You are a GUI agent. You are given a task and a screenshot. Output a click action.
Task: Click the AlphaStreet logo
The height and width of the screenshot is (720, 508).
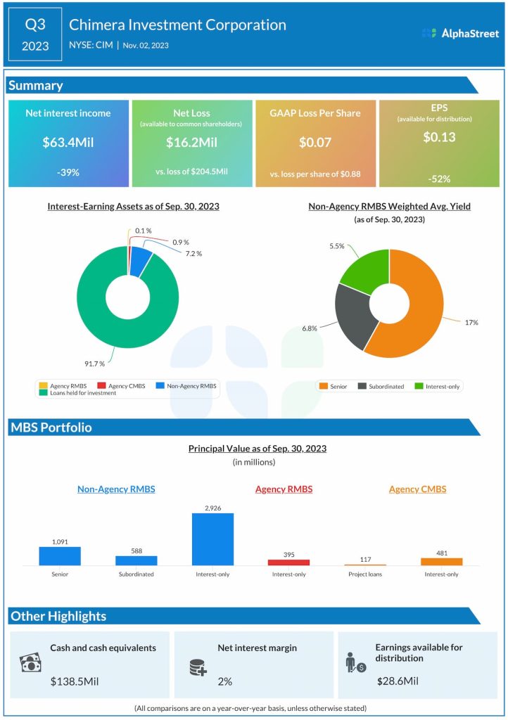460,33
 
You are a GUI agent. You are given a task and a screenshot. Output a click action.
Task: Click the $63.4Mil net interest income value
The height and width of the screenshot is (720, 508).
68,143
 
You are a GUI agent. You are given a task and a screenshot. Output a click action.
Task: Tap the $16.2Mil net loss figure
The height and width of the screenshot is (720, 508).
191,143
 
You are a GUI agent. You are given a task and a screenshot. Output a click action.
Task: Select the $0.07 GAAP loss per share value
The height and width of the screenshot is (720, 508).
315,143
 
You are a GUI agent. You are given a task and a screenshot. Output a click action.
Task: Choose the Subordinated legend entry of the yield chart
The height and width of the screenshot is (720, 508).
380,386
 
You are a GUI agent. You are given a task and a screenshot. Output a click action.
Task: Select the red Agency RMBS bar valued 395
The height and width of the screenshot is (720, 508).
288,562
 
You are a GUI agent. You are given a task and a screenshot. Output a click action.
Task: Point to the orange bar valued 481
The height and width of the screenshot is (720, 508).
441,561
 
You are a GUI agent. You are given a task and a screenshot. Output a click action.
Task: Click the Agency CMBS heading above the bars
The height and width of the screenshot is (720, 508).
417,489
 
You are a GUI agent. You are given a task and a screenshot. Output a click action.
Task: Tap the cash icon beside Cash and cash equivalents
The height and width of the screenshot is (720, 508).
30,663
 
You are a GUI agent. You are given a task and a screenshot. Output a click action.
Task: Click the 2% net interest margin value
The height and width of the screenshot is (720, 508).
225,681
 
